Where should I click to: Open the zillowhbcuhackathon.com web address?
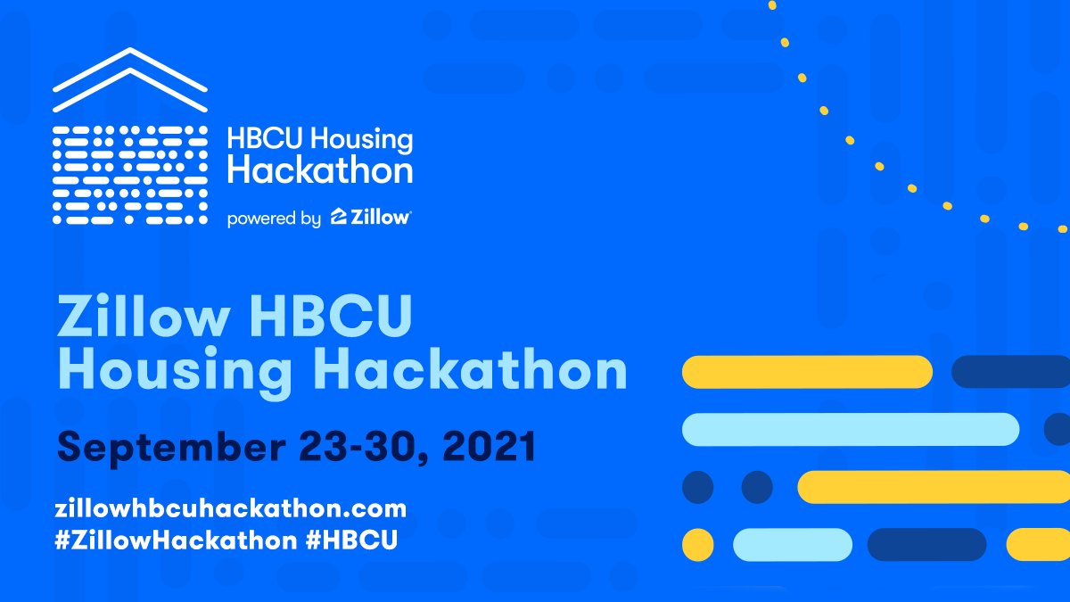[230, 509]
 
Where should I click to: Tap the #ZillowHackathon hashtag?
[175, 540]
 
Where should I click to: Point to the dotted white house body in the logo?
[130, 175]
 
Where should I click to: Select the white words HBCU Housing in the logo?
[319, 140]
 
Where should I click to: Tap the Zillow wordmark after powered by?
[370, 218]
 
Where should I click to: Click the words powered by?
[274, 219]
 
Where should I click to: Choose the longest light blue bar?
[850, 429]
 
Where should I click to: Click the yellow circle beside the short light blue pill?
[697, 544]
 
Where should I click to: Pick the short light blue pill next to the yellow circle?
[793, 544]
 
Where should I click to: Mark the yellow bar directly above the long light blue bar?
[807, 371]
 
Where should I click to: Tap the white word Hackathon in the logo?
[319, 169]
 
